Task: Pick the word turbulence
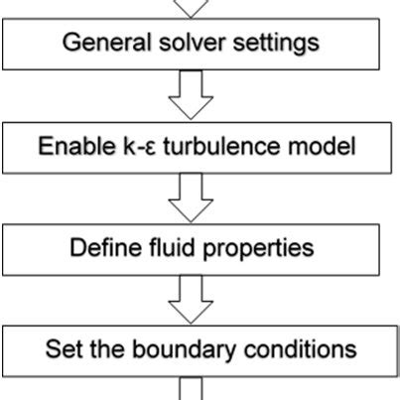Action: point(209,149)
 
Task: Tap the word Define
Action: point(101,246)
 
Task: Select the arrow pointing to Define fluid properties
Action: point(194,199)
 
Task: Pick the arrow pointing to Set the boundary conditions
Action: point(194,298)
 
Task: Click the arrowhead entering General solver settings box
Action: point(194,8)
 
